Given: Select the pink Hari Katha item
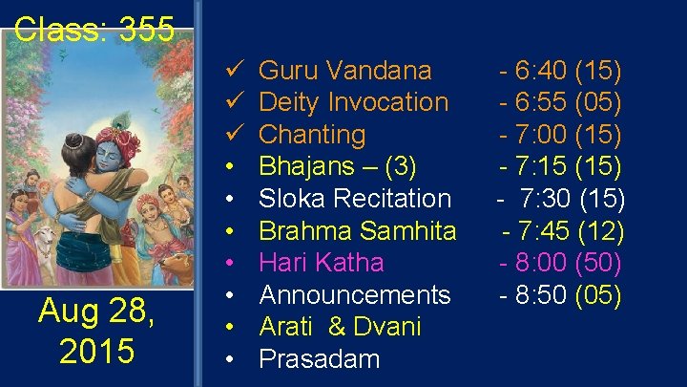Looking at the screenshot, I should tap(322, 263).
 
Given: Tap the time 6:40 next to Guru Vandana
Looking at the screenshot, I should tap(541, 71).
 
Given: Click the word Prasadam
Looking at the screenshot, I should tap(320, 360).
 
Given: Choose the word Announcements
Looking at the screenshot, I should tap(355, 295).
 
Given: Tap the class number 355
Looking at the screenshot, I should tap(147, 30).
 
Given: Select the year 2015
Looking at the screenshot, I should tap(96, 351).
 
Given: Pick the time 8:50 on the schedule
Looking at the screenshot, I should tap(542, 295).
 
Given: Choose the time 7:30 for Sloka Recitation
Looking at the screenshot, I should tap(549, 200).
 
